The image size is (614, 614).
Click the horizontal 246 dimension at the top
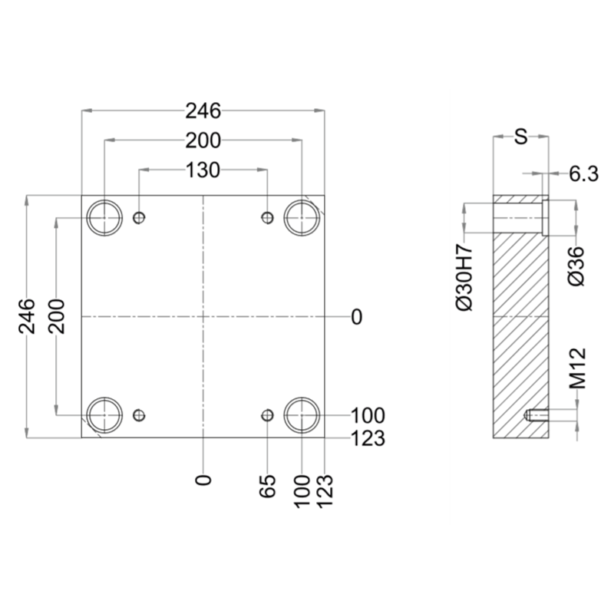203,111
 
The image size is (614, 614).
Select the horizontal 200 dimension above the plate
203,140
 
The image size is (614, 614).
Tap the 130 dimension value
203,170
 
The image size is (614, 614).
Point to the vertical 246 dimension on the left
27,316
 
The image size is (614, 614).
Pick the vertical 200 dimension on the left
56,316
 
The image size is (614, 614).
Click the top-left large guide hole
104,218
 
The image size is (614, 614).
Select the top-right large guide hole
302,218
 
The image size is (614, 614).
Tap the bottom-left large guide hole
104,415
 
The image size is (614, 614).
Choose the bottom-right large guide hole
302,415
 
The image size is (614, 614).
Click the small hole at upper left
139,217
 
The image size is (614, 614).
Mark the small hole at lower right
267,415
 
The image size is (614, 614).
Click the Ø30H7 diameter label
465,277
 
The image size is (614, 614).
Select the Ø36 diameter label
576,266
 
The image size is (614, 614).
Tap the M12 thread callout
578,368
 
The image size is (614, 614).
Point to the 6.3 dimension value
584,174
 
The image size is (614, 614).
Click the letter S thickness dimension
521,137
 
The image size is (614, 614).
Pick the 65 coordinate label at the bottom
267,486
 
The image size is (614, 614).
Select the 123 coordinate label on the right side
368,438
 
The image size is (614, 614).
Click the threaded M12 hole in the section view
536,415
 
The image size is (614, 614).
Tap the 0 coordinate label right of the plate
357,317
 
